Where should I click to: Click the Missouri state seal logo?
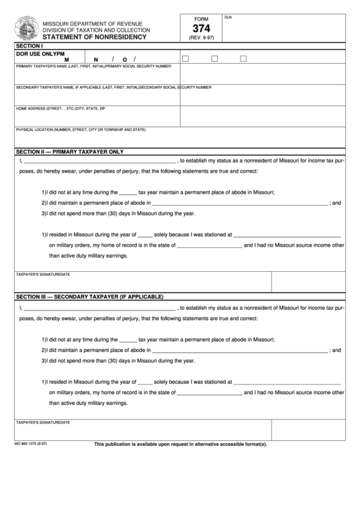[x=27, y=30]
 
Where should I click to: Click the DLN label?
[x=228, y=18]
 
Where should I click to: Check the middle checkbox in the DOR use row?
[x=214, y=59]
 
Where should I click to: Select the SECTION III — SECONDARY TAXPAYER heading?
[x=90, y=297]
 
